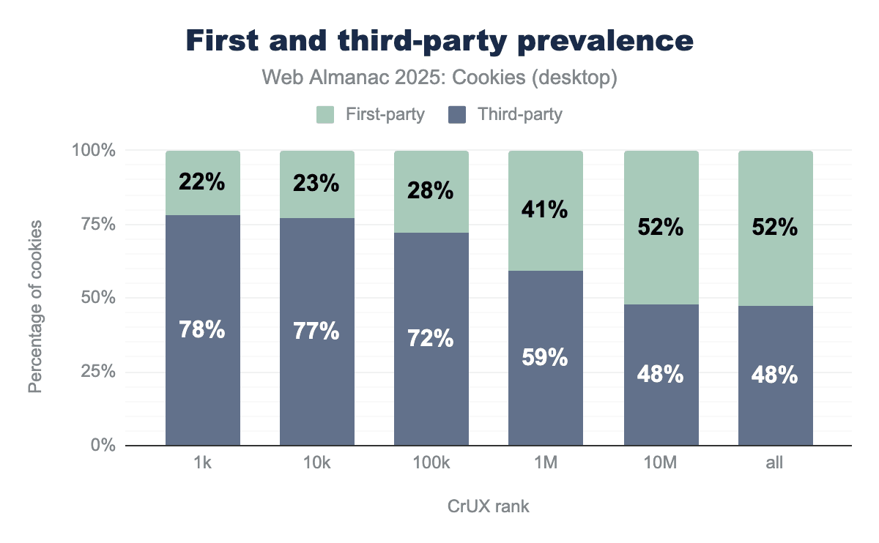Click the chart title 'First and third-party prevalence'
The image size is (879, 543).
(439, 41)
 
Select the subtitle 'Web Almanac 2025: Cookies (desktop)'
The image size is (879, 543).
(439, 78)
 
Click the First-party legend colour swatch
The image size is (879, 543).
(325, 115)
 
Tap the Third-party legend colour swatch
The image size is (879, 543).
(457, 115)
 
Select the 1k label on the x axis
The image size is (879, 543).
(203, 463)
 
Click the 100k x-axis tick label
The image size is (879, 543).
(431, 463)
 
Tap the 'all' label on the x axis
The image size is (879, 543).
(775, 463)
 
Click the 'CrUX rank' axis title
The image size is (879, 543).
(488, 506)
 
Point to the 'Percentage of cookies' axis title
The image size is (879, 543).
(35, 297)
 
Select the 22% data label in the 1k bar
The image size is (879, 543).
(203, 182)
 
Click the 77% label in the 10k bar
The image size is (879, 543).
(317, 331)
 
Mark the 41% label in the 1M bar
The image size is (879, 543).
(546, 210)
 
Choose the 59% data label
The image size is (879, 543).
(546, 358)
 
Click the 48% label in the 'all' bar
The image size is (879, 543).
(775, 375)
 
